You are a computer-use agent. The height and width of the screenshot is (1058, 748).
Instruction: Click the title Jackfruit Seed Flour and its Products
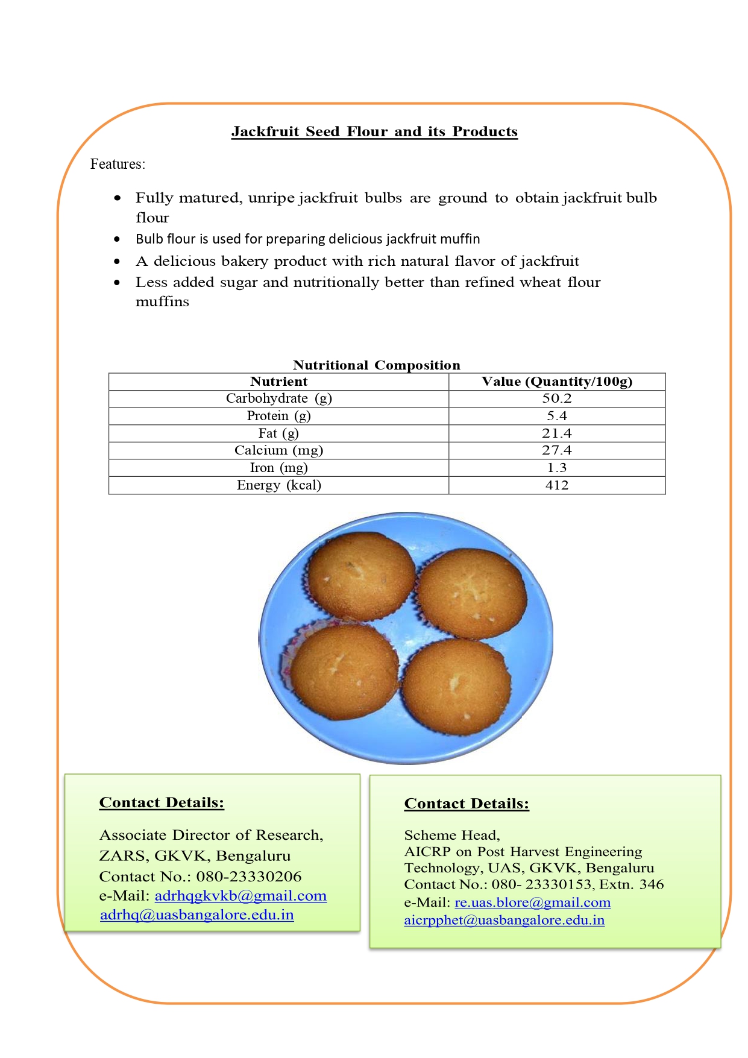click(x=374, y=132)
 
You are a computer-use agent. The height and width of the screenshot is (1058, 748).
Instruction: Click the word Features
click(x=118, y=164)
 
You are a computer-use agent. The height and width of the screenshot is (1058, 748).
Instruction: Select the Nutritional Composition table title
click(x=376, y=365)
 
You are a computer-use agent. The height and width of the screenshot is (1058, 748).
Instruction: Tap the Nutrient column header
click(x=278, y=382)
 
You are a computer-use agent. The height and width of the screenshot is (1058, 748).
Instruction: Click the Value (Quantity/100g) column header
click(x=557, y=382)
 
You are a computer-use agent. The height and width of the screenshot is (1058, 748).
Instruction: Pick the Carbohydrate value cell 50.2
click(x=557, y=398)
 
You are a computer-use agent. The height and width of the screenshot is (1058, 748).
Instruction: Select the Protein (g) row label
click(x=278, y=416)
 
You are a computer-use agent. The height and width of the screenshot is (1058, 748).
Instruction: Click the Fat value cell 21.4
click(x=557, y=433)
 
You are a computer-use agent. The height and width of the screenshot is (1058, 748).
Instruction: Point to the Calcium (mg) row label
click(x=278, y=450)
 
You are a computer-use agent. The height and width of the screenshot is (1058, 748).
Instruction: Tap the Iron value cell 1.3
click(x=557, y=468)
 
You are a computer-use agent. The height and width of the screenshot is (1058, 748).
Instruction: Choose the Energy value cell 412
click(x=557, y=485)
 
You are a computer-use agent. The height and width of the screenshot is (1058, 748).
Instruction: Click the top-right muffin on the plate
click(x=472, y=593)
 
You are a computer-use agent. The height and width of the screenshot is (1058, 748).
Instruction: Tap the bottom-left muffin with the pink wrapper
click(x=344, y=669)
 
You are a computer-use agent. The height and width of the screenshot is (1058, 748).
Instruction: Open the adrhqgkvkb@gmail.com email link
click(x=240, y=896)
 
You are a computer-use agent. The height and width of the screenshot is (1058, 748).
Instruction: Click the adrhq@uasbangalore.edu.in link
click(x=197, y=915)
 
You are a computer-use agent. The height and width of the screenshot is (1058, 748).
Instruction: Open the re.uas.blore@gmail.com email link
click(x=532, y=902)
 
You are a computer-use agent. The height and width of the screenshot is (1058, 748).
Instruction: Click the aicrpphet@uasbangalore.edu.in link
click(x=504, y=920)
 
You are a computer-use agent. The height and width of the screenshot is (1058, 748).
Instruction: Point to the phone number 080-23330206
click(x=249, y=877)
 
